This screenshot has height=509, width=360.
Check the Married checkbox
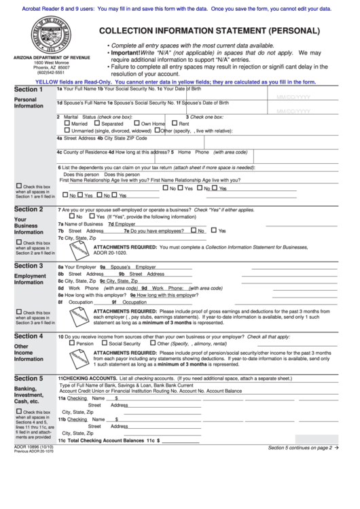tap(67, 124)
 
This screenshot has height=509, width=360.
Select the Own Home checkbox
tap(137, 124)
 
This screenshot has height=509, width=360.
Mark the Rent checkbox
tap(175, 124)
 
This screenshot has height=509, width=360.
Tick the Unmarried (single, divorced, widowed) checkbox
tap(67, 130)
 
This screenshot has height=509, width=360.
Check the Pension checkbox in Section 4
tap(72, 344)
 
